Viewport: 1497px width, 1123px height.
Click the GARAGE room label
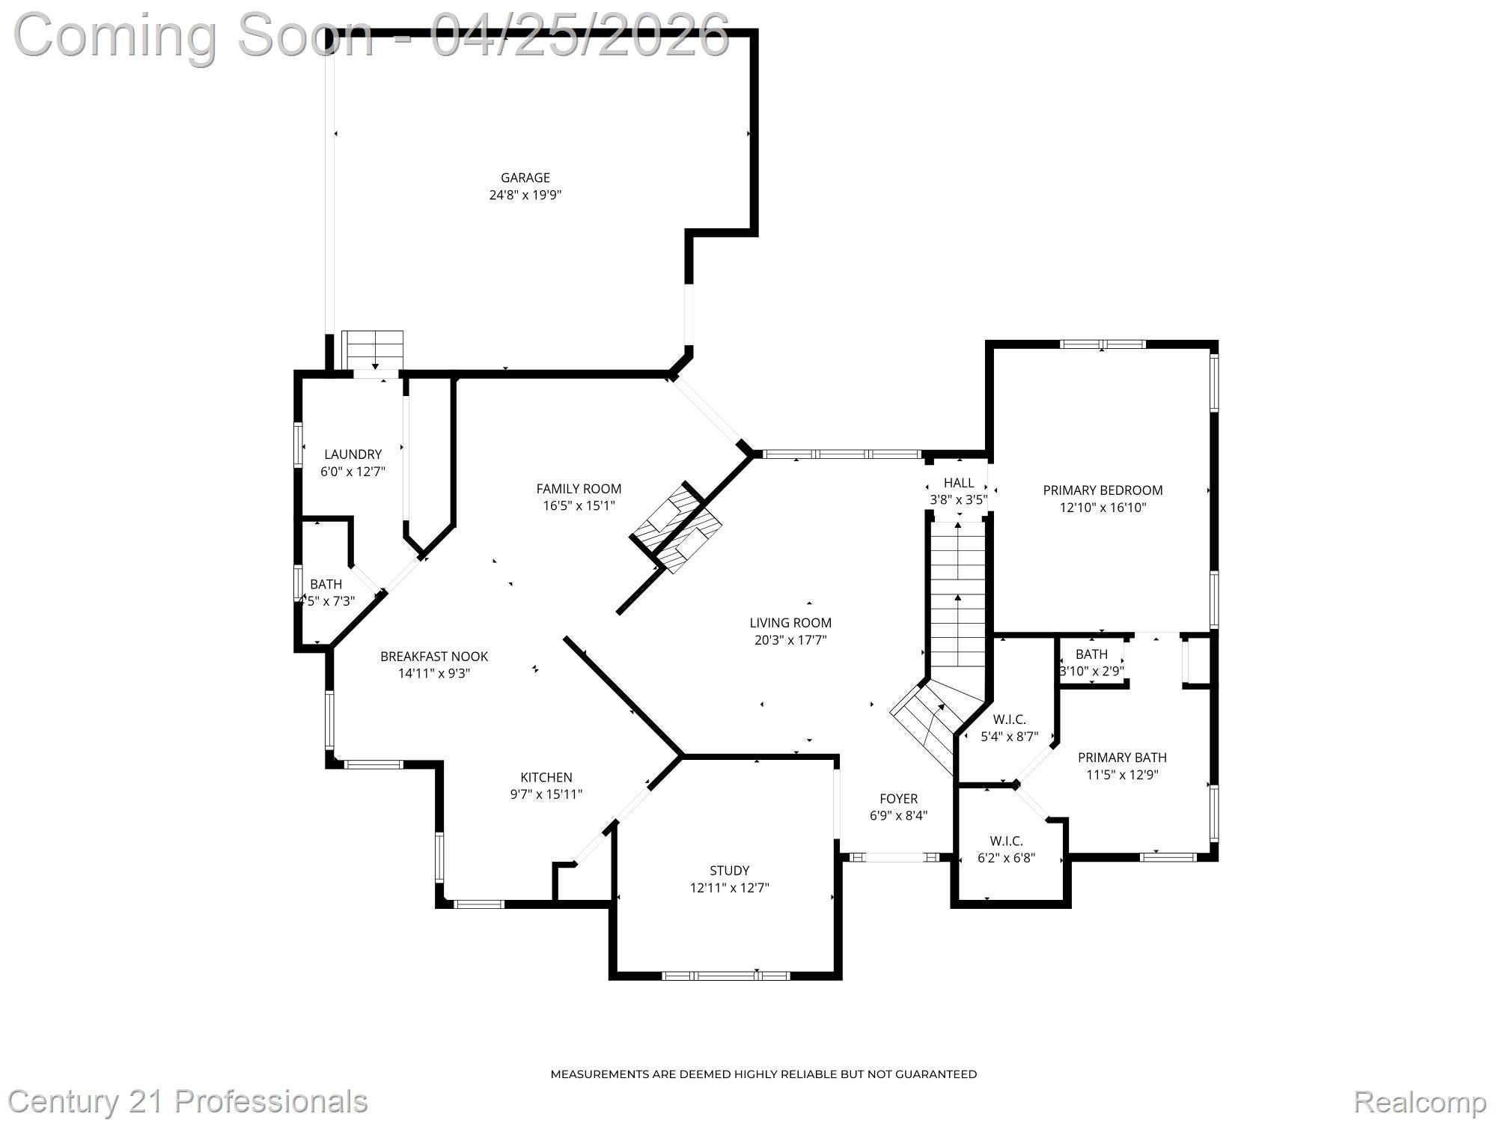[x=525, y=177]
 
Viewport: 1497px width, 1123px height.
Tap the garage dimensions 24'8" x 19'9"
[x=525, y=195]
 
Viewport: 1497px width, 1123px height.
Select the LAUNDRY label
[x=353, y=454]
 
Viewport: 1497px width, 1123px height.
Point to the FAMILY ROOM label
[x=579, y=489]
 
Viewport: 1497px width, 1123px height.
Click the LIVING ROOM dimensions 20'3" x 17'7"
[x=790, y=640]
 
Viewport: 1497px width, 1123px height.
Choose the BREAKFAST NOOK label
[x=434, y=657]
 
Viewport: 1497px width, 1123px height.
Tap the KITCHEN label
[x=546, y=777]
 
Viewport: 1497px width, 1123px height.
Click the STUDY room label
[x=729, y=871]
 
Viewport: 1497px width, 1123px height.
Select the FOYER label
[x=898, y=799]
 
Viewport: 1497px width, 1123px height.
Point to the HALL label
[x=959, y=483]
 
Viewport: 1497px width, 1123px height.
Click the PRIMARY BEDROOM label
[x=1103, y=490]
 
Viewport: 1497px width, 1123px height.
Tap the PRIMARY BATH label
[x=1122, y=758]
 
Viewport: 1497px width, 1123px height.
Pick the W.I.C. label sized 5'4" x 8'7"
[x=1009, y=719]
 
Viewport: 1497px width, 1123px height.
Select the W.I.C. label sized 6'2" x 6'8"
[x=1006, y=841]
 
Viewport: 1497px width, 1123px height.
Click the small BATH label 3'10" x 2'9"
[x=1091, y=654]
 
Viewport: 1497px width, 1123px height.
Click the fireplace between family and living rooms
[x=677, y=527]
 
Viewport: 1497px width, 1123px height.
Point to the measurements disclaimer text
[x=763, y=1074]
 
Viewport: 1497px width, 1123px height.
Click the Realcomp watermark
[x=1420, y=1102]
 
